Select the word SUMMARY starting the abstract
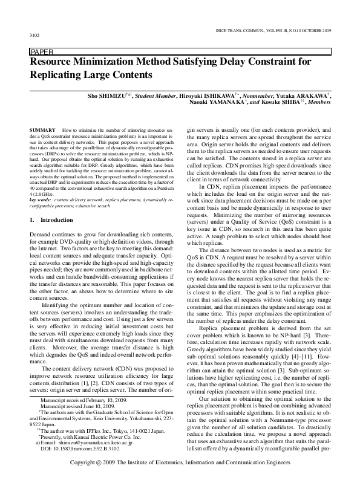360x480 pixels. point(42,130)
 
